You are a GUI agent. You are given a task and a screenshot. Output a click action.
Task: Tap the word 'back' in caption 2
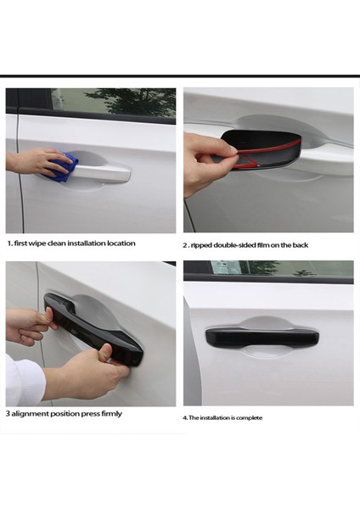[301, 245]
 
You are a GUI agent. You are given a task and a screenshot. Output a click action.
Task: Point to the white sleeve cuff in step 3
[25, 379]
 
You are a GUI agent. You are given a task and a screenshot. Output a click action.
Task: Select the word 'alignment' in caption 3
[30, 414]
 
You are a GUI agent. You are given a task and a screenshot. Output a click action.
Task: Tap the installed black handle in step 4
[262, 338]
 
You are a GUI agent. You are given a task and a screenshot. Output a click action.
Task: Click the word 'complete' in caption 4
[250, 417]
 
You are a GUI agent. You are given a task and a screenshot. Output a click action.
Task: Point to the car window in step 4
[281, 269]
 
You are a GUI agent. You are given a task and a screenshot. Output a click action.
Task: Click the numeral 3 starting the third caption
[8, 414]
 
